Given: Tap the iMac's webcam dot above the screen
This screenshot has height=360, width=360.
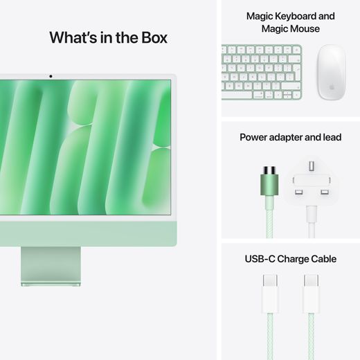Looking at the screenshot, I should [x=51, y=75].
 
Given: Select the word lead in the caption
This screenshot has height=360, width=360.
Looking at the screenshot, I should [x=330, y=138].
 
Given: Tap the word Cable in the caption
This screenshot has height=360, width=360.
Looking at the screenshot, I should [x=322, y=259].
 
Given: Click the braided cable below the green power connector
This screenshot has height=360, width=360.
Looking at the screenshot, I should [x=269, y=228].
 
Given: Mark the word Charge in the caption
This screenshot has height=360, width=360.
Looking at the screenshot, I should [x=292, y=259].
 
